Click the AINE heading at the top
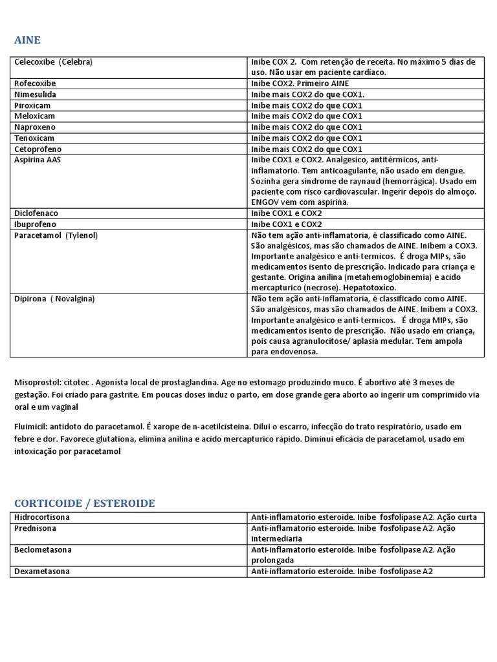[x=27, y=40]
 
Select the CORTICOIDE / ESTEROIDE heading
[x=84, y=503]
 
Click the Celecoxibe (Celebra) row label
[x=53, y=62]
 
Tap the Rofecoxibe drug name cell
[x=35, y=83]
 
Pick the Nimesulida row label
[x=35, y=94]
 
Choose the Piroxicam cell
[x=32, y=105]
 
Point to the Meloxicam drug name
[x=34, y=116]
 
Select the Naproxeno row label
[x=34, y=127]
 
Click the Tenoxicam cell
[x=34, y=138]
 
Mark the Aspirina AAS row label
[x=38, y=160]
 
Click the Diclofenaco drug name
[x=36, y=213]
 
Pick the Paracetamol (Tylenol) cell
[x=56, y=235]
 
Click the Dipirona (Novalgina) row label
[x=54, y=299]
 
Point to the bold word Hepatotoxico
[x=370, y=287]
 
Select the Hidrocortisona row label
[x=42, y=518]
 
